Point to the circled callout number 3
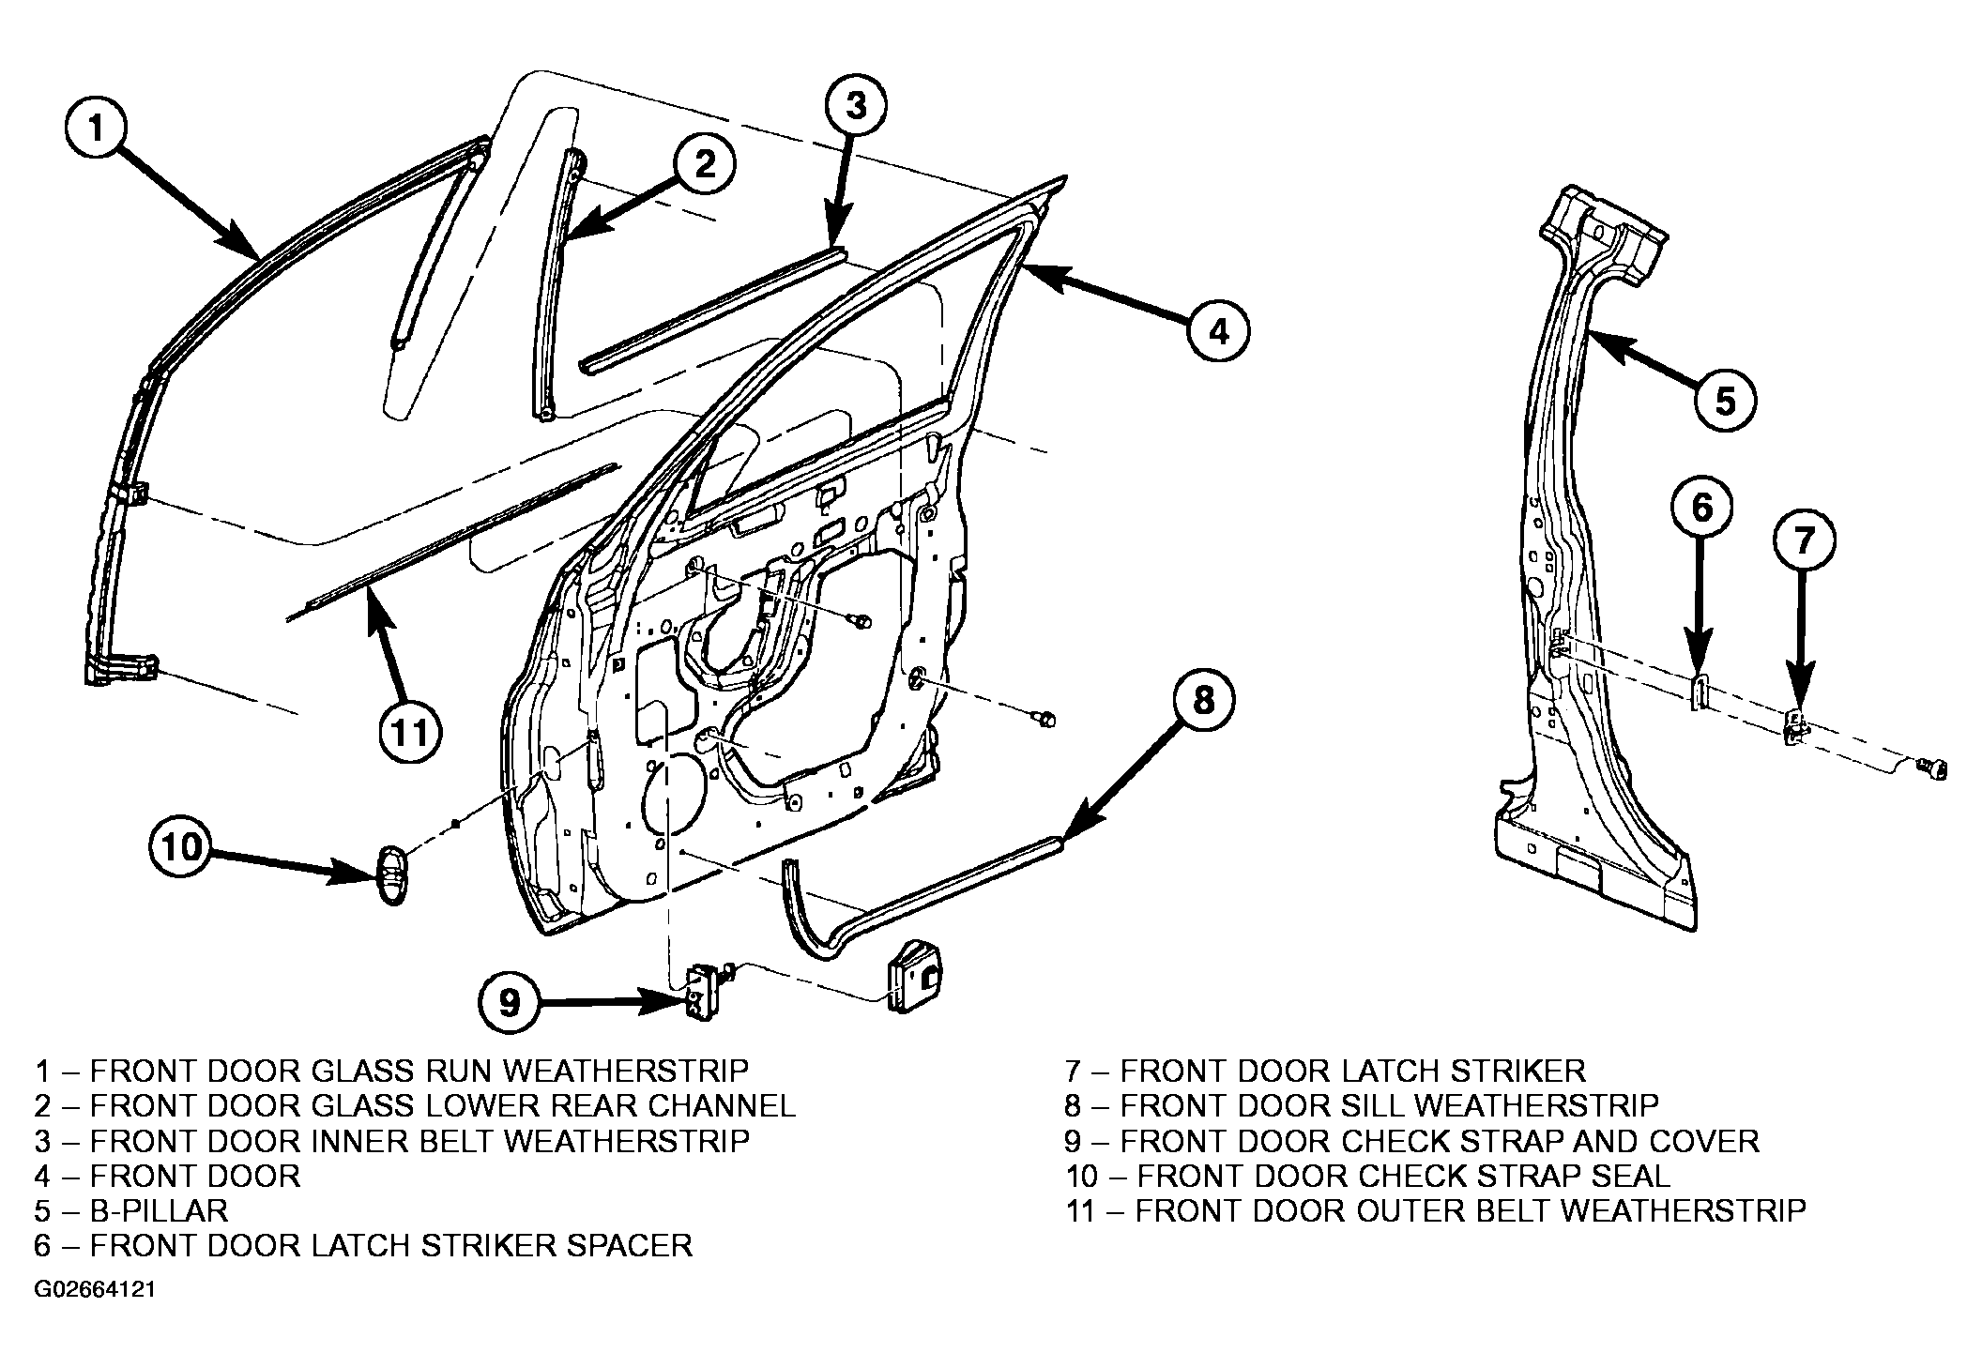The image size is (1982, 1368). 856,106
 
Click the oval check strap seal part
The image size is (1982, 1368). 392,874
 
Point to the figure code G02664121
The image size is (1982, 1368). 95,1290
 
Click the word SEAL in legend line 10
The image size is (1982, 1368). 1624,1176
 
